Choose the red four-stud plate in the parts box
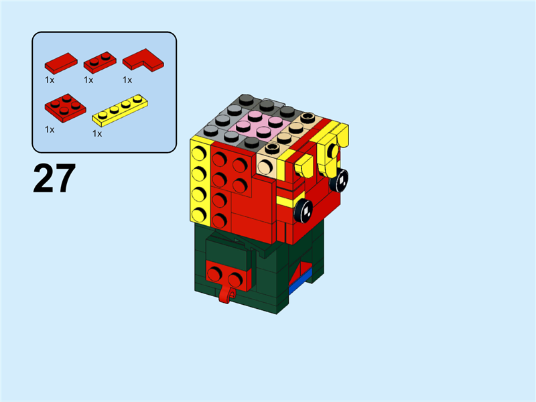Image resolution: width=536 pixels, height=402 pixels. pyautogui.click(x=64, y=106)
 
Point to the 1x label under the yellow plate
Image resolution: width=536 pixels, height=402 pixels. pyautogui.click(x=97, y=133)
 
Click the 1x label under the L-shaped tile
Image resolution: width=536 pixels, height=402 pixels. pyautogui.click(x=127, y=80)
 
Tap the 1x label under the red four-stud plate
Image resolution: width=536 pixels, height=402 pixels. pyautogui.click(x=50, y=129)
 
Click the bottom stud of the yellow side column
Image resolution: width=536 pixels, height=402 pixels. pyautogui.click(x=198, y=214)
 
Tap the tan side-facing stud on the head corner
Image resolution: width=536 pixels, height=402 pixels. pyautogui.click(x=267, y=165)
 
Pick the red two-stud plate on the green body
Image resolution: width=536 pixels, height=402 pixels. pyautogui.click(x=225, y=275)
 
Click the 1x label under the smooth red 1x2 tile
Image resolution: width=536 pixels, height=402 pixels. pyautogui.click(x=50, y=80)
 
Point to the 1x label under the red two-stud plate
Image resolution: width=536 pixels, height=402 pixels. pyautogui.click(x=88, y=80)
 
